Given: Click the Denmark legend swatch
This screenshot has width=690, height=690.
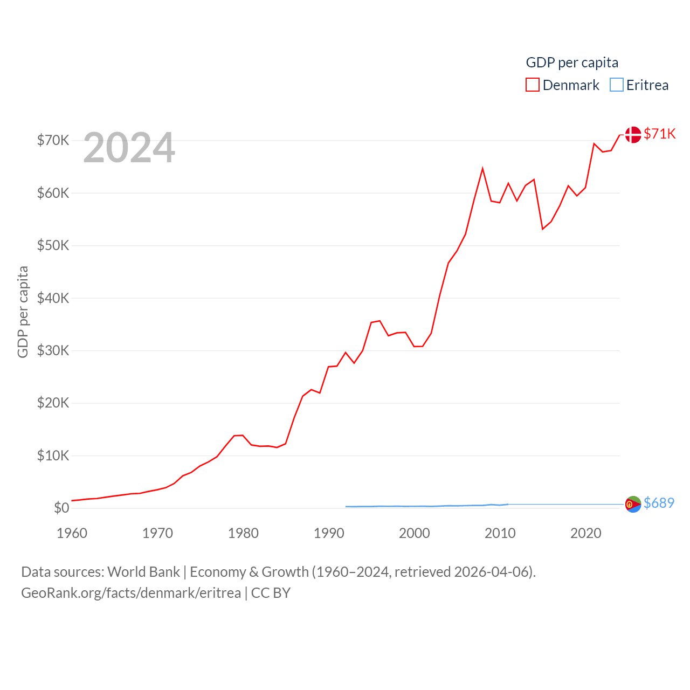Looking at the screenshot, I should click(532, 85).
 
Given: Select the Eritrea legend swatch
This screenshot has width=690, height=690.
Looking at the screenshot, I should click(616, 85).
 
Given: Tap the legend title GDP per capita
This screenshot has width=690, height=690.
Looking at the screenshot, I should click(572, 63).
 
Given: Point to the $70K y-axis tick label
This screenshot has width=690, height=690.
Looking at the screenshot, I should click(53, 140).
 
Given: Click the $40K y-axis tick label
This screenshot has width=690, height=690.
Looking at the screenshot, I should click(53, 298).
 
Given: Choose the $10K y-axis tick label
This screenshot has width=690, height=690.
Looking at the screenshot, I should click(53, 456).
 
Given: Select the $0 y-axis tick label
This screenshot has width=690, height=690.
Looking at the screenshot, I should click(61, 508).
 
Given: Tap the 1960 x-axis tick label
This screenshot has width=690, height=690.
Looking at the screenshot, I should click(72, 533).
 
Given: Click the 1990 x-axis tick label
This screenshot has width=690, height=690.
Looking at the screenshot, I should click(329, 533).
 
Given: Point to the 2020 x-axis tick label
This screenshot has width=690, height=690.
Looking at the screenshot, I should click(586, 533).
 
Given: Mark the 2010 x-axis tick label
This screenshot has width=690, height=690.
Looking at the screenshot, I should click(500, 533).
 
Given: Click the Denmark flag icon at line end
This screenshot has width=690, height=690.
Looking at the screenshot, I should click(633, 134).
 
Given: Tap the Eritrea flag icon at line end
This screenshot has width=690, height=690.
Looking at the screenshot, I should click(633, 504).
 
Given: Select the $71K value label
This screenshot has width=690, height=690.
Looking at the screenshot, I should click(660, 134).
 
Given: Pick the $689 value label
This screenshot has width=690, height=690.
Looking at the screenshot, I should click(659, 503).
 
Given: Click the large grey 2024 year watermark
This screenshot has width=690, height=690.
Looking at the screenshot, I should click(129, 148).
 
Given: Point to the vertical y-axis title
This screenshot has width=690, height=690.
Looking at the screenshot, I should click(23, 312).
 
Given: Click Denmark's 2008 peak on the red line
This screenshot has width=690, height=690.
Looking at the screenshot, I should click(482, 169).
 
